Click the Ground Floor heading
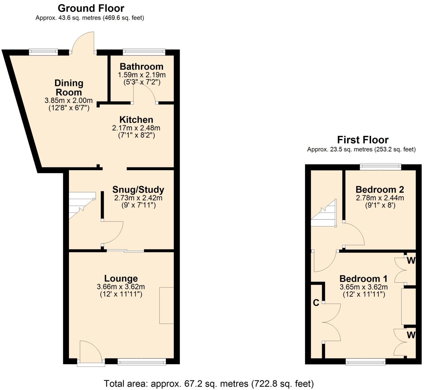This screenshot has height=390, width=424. click(91, 8)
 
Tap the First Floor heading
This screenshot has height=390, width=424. click(363, 140)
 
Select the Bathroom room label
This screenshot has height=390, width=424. click(141, 67)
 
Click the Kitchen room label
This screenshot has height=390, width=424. click(136, 120)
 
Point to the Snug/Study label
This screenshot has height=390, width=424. click(138, 190)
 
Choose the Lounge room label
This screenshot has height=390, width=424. click(121, 279)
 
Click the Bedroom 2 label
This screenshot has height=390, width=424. click(380, 190)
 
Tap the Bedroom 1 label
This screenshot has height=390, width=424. click(364, 279)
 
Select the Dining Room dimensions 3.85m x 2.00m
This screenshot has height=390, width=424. click(69, 101)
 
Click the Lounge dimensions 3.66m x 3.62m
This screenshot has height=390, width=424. click(121, 287)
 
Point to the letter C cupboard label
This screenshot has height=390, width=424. click(316, 303)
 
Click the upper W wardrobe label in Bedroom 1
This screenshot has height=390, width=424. click(411, 261)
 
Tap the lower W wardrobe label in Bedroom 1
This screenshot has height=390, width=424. click(411, 335)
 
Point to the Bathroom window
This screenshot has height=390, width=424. click(144, 52)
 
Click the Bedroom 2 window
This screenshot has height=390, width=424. click(381, 166)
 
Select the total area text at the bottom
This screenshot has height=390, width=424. click(209, 384)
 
